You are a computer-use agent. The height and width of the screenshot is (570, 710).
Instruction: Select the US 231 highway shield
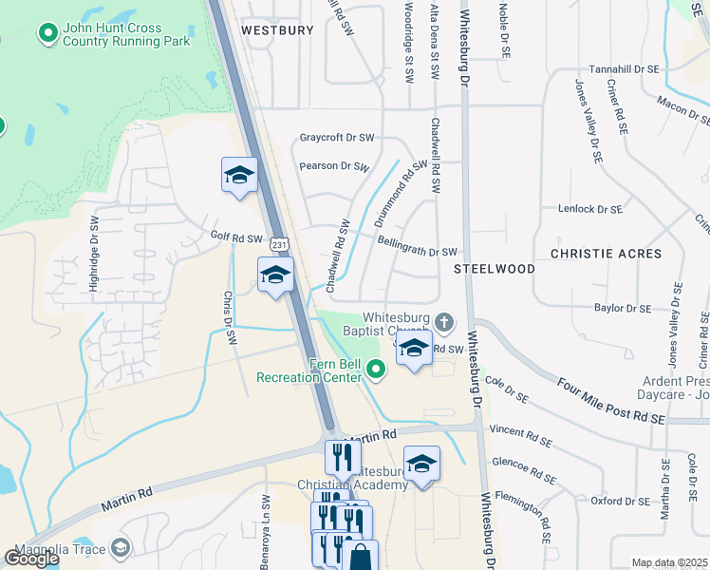(278, 244)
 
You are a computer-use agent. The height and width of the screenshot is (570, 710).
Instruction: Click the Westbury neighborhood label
(277, 30)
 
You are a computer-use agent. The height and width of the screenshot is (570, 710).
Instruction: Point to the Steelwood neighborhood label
(494, 269)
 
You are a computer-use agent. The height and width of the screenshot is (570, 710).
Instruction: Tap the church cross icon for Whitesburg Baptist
(442, 320)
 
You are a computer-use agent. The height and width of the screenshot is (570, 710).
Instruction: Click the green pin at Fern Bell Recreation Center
(376, 369)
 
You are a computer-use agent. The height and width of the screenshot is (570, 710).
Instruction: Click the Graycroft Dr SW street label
(337, 138)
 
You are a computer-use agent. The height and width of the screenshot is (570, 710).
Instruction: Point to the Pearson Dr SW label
(333, 166)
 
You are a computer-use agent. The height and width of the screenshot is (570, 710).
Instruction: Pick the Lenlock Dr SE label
(590, 209)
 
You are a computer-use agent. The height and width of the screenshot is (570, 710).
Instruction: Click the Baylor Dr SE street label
(623, 308)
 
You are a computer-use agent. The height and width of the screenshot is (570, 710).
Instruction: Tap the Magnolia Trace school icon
(121, 548)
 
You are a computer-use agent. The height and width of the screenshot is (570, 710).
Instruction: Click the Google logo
(31, 559)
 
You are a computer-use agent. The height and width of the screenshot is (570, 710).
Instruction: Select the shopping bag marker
(361, 556)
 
